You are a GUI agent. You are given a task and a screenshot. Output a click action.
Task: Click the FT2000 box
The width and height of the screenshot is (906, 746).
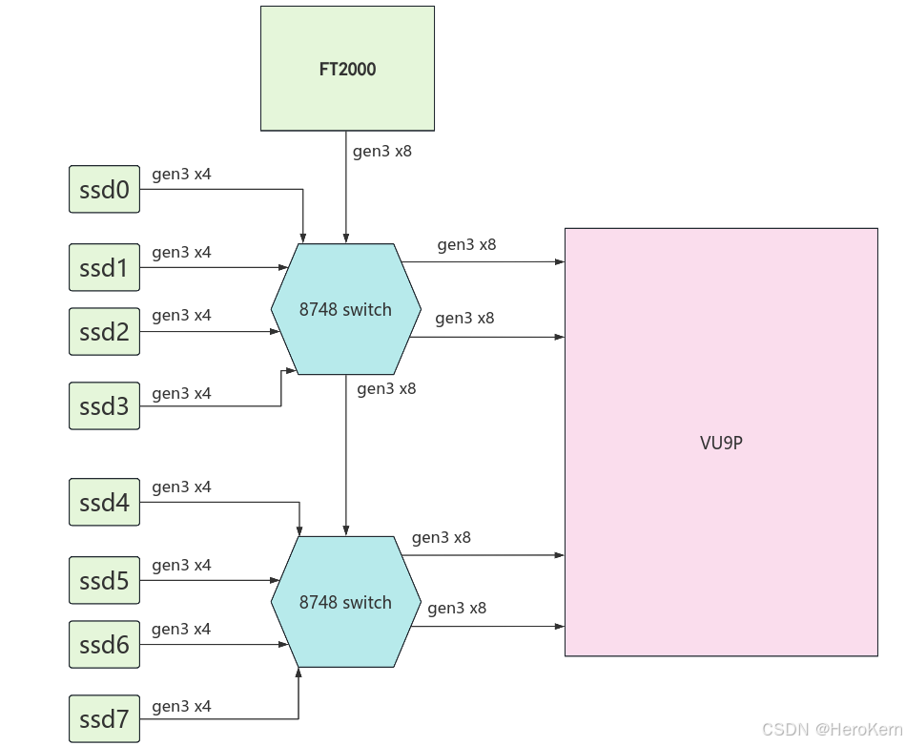[x=347, y=69]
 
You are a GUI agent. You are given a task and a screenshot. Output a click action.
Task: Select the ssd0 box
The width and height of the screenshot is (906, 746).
[x=105, y=189]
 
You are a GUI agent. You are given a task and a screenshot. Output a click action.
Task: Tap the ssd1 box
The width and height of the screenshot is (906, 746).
[x=105, y=267]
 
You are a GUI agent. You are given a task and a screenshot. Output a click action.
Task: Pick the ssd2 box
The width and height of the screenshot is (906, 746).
[x=105, y=331]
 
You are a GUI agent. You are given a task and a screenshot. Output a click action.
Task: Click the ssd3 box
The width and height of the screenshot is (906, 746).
[x=105, y=405]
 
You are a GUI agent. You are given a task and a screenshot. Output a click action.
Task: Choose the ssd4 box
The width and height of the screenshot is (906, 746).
[x=105, y=502]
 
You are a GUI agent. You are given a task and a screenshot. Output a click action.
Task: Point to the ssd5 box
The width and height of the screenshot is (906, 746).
[x=105, y=580]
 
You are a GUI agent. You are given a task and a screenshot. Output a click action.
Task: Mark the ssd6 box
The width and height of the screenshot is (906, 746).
[x=105, y=644]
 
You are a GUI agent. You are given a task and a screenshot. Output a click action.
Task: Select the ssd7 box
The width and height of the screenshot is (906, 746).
[x=105, y=718]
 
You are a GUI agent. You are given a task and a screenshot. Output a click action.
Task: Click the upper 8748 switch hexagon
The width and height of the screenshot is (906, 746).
[x=345, y=309]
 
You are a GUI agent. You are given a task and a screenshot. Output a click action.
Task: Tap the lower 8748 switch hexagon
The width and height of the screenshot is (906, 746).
[x=345, y=602]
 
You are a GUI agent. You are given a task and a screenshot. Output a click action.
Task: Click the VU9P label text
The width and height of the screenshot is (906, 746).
[x=721, y=443]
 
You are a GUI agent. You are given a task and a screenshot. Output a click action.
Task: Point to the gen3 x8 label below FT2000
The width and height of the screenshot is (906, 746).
[x=382, y=151]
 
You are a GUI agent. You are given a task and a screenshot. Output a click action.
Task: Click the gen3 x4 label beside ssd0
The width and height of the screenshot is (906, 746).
[x=181, y=175]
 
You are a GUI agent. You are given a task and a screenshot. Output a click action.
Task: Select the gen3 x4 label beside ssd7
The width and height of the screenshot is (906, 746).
[x=181, y=706]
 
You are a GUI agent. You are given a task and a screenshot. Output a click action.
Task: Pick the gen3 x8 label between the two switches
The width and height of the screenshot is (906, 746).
[x=386, y=388]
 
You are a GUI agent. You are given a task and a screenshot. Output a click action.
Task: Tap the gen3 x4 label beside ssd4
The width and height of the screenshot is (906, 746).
[x=181, y=487]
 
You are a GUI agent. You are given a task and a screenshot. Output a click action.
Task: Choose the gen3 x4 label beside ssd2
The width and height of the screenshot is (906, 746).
[x=181, y=315]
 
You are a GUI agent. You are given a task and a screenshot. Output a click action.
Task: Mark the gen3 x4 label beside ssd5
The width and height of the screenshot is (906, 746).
[x=181, y=565]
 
